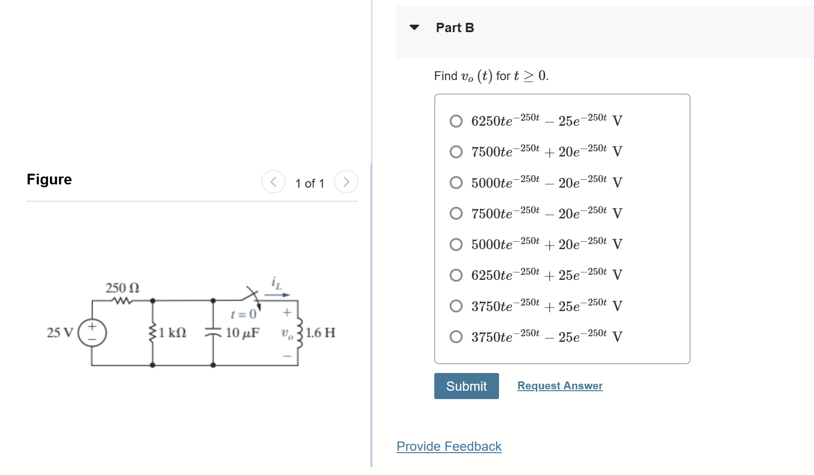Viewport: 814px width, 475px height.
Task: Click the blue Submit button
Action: (x=466, y=386)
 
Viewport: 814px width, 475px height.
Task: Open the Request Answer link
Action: (x=560, y=386)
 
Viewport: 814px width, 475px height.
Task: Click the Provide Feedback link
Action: (x=449, y=446)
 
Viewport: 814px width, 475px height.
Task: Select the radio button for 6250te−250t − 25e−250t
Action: (x=456, y=121)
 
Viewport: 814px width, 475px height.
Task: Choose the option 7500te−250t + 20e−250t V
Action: (x=456, y=152)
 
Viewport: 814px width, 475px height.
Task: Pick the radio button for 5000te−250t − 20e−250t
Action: (x=456, y=183)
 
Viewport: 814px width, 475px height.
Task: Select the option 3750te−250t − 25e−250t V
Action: (x=456, y=337)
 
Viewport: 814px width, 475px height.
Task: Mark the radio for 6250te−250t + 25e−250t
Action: (x=456, y=275)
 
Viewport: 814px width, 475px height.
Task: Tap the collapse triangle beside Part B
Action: (x=414, y=27)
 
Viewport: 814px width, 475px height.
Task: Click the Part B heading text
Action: (x=455, y=28)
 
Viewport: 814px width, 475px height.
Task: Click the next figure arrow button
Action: (x=346, y=182)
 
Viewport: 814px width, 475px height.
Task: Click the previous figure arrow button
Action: (x=274, y=182)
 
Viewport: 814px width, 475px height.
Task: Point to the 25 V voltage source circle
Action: (x=92, y=332)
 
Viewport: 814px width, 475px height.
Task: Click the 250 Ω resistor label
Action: (x=122, y=288)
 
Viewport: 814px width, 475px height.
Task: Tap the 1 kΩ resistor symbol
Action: (x=152, y=333)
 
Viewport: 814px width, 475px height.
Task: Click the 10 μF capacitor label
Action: (x=242, y=333)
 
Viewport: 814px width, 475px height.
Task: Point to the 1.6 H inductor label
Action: (x=321, y=333)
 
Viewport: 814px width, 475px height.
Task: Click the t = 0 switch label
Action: (x=244, y=314)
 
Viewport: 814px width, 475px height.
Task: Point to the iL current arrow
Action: (x=277, y=294)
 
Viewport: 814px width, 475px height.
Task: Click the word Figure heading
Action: (x=49, y=179)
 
